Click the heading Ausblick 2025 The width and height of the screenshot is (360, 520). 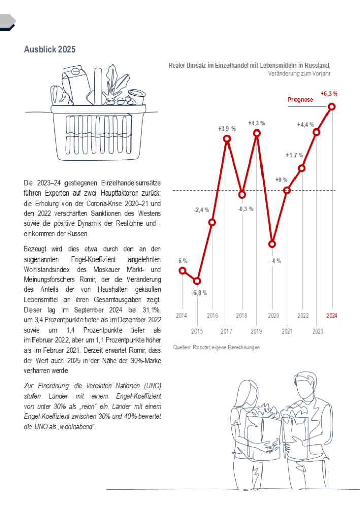point(50,49)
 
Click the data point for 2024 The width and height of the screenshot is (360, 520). point(332,106)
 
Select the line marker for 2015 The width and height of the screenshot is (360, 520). point(198,281)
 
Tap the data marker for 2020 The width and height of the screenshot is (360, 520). point(272,244)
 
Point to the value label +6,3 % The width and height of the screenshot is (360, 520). point(329,93)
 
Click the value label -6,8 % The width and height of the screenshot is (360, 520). point(199,293)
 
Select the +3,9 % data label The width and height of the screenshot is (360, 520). point(227,128)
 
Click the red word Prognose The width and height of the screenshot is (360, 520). point(301,100)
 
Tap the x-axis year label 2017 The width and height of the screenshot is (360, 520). point(227,332)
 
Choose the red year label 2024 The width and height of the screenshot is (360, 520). point(332,316)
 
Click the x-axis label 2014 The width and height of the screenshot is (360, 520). point(182,316)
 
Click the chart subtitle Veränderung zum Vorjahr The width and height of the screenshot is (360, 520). point(299,73)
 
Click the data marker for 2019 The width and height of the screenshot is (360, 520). point(257,133)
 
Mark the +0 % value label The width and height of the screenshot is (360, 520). point(281,179)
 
